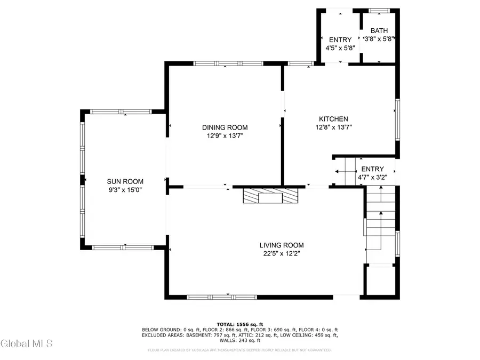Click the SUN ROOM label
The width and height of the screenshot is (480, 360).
click(125, 181)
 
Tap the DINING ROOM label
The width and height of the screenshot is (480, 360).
click(225, 127)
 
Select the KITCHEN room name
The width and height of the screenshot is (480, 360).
click(333, 119)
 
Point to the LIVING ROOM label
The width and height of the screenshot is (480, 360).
click(282, 245)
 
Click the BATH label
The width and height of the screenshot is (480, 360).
click(379, 31)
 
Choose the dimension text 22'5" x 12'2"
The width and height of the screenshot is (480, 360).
click(282, 254)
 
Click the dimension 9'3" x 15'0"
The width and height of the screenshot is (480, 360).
click(125, 189)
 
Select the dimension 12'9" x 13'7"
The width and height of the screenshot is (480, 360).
click(225, 135)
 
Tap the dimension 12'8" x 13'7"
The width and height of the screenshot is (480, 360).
click(333, 127)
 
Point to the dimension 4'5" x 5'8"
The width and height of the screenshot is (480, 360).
click(340, 48)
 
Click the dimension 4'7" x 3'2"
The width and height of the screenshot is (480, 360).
click(372, 178)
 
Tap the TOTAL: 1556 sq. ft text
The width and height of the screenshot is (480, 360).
click(239, 324)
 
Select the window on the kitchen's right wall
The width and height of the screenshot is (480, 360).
click(397, 120)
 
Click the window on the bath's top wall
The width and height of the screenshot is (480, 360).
click(379, 10)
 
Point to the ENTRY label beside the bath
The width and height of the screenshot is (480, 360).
click(340, 40)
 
